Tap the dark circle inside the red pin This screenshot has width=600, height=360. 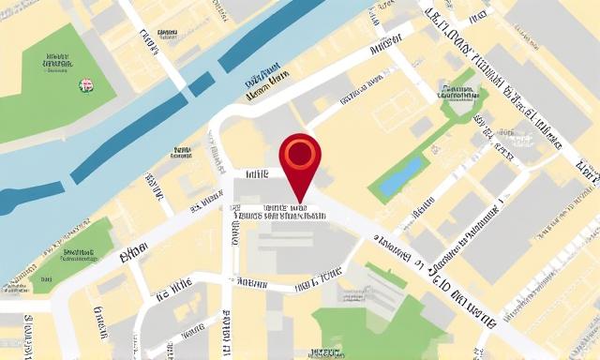coord(300,151)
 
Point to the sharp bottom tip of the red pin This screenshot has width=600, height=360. coord(300,200)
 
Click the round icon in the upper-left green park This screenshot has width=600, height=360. coord(86,85)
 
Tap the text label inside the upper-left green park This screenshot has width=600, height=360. coord(57,63)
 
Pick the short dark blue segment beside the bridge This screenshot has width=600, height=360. coord(200,85)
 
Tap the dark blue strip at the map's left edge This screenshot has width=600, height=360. coord(17,198)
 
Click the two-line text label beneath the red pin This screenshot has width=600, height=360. coord(281,212)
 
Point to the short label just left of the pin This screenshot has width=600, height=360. coord(256,174)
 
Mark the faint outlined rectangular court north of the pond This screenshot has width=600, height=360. coord(399,110)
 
